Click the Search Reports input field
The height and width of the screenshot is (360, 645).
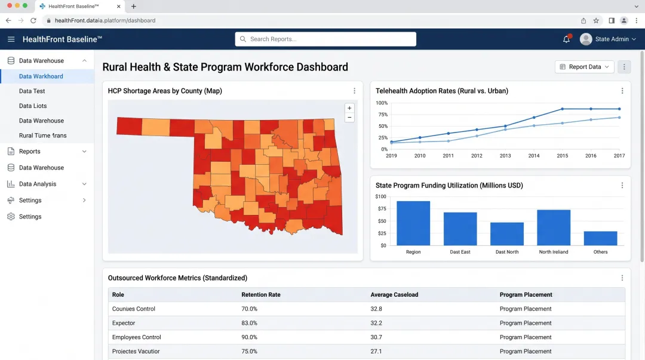click(x=325, y=39)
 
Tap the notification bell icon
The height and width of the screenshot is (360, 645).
click(x=566, y=39)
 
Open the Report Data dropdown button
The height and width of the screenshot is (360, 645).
click(x=584, y=67)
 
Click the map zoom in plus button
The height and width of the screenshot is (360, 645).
click(x=349, y=108)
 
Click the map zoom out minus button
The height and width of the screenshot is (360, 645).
click(x=349, y=118)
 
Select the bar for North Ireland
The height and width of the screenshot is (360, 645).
click(x=554, y=227)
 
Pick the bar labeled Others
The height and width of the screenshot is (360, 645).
click(x=600, y=238)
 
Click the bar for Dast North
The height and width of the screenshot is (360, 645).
click(x=507, y=233)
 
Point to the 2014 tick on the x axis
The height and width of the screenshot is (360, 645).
click(x=534, y=156)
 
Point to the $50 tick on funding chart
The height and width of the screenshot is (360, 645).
click(x=380, y=221)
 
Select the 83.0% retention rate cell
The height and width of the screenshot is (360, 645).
click(x=249, y=323)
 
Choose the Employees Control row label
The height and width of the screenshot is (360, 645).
click(x=137, y=337)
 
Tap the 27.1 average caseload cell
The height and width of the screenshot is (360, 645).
click(x=376, y=352)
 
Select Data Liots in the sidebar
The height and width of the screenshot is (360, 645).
click(x=33, y=106)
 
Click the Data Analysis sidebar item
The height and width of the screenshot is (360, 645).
click(x=38, y=184)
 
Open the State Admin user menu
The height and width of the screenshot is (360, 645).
click(x=608, y=39)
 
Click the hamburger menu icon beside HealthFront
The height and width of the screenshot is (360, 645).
click(x=11, y=39)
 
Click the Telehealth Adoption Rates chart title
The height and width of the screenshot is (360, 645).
click(x=442, y=91)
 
